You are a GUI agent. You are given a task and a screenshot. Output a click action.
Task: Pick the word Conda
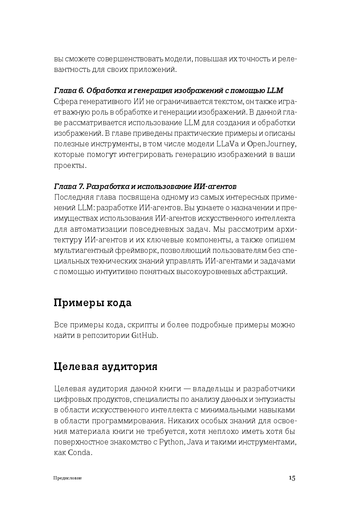pyautogui.click(x=80, y=453)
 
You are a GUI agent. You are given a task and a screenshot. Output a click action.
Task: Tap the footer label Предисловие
pyautogui.click(x=68, y=478)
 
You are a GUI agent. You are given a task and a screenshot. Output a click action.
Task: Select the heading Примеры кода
pyautogui.click(x=92, y=303)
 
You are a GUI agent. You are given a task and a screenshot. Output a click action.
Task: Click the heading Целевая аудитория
pyautogui.click(x=106, y=366)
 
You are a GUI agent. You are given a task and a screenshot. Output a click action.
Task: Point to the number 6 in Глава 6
pyautogui.click(x=81, y=90)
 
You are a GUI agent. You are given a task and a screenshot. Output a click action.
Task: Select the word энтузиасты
pyautogui.click(x=275, y=400)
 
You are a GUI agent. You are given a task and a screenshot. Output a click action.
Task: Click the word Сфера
pyautogui.click(x=65, y=101)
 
